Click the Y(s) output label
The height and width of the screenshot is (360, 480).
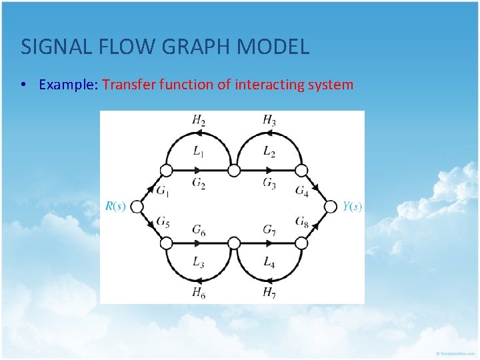[353, 207]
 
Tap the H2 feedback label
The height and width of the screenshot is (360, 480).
[198, 120]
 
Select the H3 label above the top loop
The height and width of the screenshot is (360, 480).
[269, 120]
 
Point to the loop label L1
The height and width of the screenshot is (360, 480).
[199, 152]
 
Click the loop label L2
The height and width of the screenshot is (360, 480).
[269, 152]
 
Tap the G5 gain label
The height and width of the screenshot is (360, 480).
[163, 223]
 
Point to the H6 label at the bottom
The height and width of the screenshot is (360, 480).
[198, 292]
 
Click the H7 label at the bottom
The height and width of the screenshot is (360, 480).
[269, 292]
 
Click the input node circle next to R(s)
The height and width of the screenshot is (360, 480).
[137, 207]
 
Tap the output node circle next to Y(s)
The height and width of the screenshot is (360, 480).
[330, 207]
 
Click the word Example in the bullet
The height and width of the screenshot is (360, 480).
[69, 85]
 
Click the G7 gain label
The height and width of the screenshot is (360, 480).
[269, 230]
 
